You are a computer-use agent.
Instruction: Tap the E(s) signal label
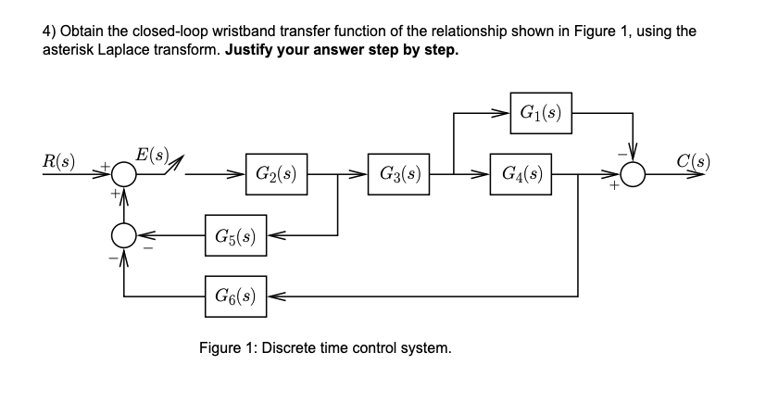(151, 152)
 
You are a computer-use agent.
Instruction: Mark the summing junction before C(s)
(632, 174)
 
